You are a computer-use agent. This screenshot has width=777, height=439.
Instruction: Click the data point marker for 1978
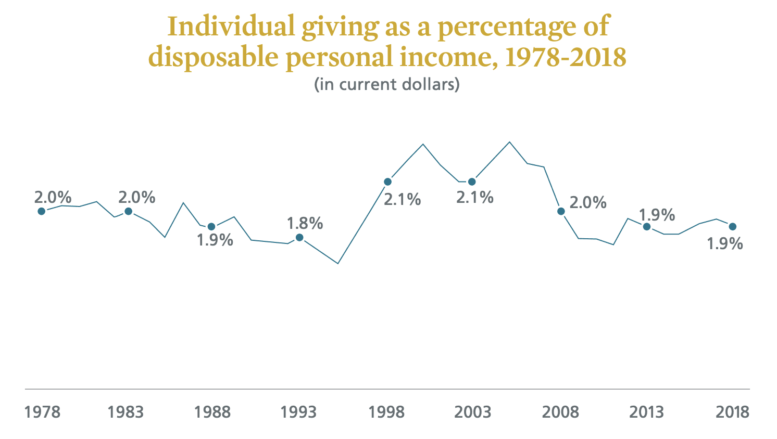[x=41, y=211]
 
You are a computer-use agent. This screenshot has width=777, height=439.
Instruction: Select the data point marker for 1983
[x=128, y=211]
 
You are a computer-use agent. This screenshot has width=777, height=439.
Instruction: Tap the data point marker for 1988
[x=211, y=227]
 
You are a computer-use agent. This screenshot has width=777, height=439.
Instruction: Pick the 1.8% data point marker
[x=299, y=237]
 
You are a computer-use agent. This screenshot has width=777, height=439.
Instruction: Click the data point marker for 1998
[x=388, y=182]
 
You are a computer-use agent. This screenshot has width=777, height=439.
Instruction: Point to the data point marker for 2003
[x=472, y=182]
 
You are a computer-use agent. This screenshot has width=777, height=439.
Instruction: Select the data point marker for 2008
[x=561, y=211]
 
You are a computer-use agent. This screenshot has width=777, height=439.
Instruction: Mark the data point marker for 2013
[x=647, y=227]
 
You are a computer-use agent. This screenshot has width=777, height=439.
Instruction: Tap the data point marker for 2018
[x=733, y=227]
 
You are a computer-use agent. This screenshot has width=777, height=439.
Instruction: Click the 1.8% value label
[x=305, y=223]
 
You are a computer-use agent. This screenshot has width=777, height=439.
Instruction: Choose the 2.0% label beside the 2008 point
[x=588, y=202]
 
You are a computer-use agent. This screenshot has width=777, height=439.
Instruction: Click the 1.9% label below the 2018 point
[x=725, y=243]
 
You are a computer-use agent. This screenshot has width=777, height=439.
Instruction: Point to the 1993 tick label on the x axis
[x=298, y=412]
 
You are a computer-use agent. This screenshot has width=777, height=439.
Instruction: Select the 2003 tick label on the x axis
[x=473, y=412]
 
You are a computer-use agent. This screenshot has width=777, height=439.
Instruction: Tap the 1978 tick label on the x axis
[x=42, y=412]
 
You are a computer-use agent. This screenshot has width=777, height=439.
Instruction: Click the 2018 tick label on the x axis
[x=733, y=412]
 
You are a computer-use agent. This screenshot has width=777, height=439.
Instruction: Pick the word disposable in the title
[x=214, y=58]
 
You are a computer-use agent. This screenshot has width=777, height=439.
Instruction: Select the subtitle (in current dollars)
[x=387, y=84]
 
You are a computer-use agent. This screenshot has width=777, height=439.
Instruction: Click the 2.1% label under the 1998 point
[x=403, y=200]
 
